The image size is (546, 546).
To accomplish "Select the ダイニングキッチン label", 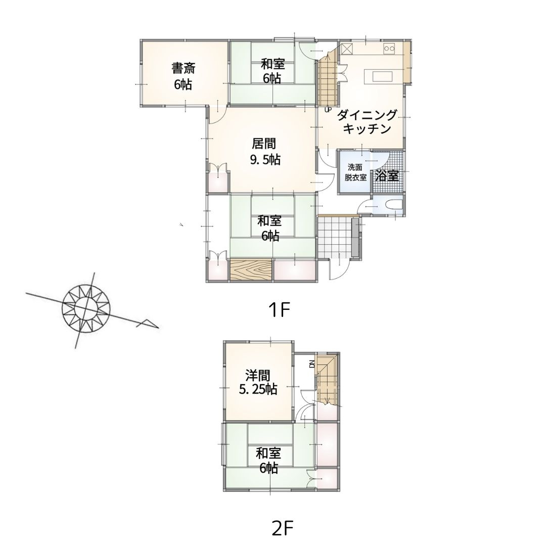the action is (367, 121).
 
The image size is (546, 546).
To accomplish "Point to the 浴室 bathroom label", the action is (387, 175).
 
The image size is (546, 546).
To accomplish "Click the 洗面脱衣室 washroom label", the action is (355, 172).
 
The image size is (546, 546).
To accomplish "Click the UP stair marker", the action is (328, 110).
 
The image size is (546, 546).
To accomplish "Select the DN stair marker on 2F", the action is (312, 364).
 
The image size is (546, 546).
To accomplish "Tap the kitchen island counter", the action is (379, 76).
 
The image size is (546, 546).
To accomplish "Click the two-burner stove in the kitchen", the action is (389, 49).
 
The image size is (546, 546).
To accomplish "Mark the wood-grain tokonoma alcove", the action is (251, 269).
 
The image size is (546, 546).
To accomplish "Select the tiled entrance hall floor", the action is (335, 238).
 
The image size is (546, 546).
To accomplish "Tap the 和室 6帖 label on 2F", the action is (268, 461).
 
